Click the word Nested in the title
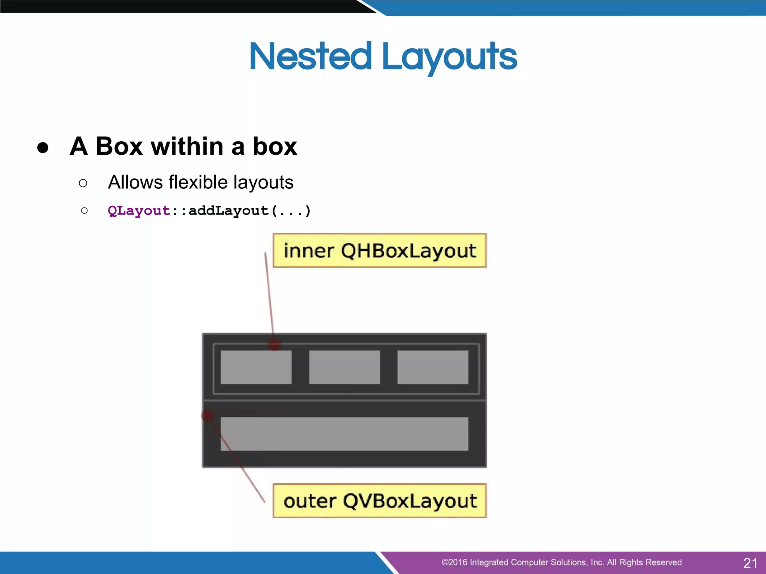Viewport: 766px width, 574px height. (310, 56)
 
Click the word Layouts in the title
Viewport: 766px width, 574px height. (449, 57)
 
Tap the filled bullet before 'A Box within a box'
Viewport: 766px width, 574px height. (43, 147)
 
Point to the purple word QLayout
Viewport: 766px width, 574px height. (139, 211)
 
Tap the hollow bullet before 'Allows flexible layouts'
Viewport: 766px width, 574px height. (83, 183)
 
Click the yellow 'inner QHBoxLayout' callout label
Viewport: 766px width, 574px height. (380, 250)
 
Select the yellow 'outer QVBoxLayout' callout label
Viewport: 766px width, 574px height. (380, 501)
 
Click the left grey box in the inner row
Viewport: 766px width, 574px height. (256, 367)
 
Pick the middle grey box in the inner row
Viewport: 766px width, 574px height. (344, 367)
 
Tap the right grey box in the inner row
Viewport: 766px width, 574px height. (433, 367)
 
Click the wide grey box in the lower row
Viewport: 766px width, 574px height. (344, 433)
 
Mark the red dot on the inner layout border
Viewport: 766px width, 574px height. (274, 344)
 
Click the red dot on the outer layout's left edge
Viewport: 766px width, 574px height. (208, 415)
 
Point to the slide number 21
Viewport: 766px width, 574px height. (750, 563)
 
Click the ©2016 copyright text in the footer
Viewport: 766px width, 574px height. (561, 562)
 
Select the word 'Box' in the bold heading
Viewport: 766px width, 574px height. (119, 146)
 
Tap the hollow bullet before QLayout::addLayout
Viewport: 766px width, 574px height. (84, 211)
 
